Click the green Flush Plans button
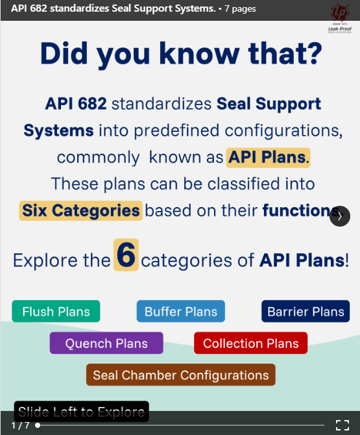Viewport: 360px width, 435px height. coord(56,312)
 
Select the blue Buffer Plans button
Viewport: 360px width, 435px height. coord(181,312)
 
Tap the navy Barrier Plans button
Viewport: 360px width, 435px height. coord(306,312)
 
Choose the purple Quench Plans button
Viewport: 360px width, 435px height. coord(106,343)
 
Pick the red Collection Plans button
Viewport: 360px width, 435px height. coord(250,343)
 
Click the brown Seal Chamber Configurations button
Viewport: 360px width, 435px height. coord(180,375)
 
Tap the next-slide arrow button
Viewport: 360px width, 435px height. coord(340,216)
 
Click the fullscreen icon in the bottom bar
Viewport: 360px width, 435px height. coord(342,425)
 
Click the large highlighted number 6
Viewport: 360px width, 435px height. coord(126,255)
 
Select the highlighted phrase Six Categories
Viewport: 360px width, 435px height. coord(80,210)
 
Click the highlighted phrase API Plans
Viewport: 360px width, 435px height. coord(268,157)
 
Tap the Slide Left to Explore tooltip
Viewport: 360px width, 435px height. coord(81,412)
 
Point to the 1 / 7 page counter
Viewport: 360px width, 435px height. coord(20,425)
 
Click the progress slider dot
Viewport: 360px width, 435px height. coord(38,425)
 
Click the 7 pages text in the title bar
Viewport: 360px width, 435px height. coord(240,9)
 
